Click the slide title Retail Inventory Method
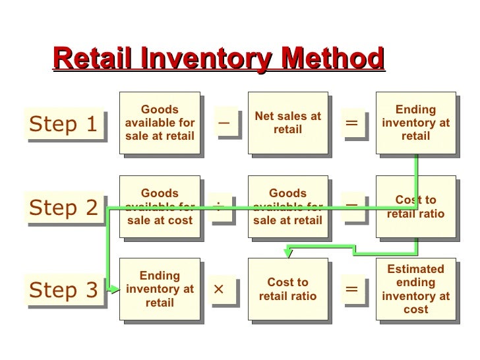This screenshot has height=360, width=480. (218, 59)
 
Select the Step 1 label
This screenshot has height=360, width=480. (63, 123)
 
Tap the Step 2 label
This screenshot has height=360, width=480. (63, 208)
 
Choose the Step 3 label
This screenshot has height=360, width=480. (63, 290)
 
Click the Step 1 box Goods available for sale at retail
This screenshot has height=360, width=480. (160, 123)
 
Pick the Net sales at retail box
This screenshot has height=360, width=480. (287, 123)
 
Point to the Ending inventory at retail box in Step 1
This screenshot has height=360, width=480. (415, 123)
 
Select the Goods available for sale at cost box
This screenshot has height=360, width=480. (160, 206)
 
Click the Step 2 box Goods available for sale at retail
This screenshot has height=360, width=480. (287, 206)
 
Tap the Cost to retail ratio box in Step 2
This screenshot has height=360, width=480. (415, 206)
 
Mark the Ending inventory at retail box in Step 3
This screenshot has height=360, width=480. (160, 289)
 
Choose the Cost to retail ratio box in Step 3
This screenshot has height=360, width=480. (287, 289)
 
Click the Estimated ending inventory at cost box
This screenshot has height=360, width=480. (415, 289)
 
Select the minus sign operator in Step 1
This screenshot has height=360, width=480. (224, 123)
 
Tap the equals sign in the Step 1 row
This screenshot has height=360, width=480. (351, 123)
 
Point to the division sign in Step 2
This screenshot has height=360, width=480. (220, 206)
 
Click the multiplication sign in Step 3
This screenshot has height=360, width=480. (220, 289)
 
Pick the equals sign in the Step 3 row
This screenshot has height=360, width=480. (351, 289)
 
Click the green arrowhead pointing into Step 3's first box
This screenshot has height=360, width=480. (115, 289)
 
